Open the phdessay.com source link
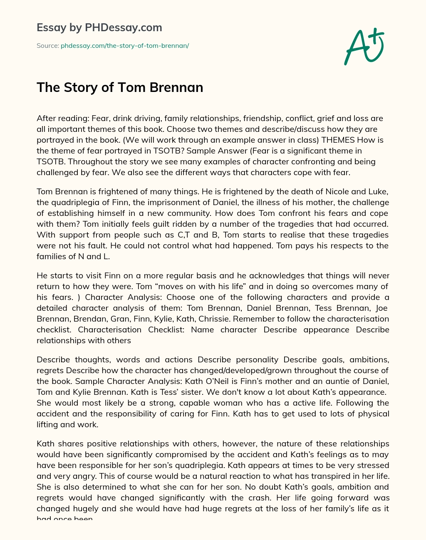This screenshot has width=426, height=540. pyautogui.click(x=125, y=46)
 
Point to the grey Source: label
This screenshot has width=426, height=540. pyautogui.click(x=47, y=46)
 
